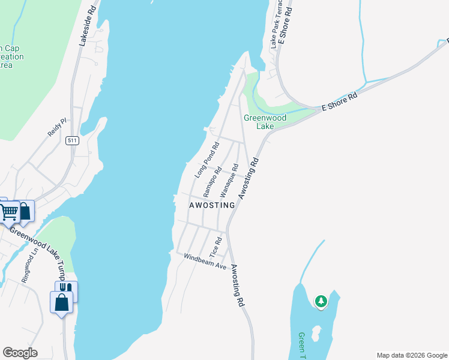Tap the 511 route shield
pyautogui.click(x=73, y=141)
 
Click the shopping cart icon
pyautogui.click(x=8, y=211)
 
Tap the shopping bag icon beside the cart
pyautogui.click(x=25, y=211)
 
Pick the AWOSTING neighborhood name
pyautogui.click(x=212, y=205)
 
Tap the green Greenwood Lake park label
pyautogui.click(x=265, y=122)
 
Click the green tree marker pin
pyautogui.click(x=321, y=301)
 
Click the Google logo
pyautogui.click(x=20, y=353)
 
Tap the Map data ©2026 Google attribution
pyautogui.click(x=411, y=355)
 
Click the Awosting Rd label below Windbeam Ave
pyautogui.click(x=238, y=286)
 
